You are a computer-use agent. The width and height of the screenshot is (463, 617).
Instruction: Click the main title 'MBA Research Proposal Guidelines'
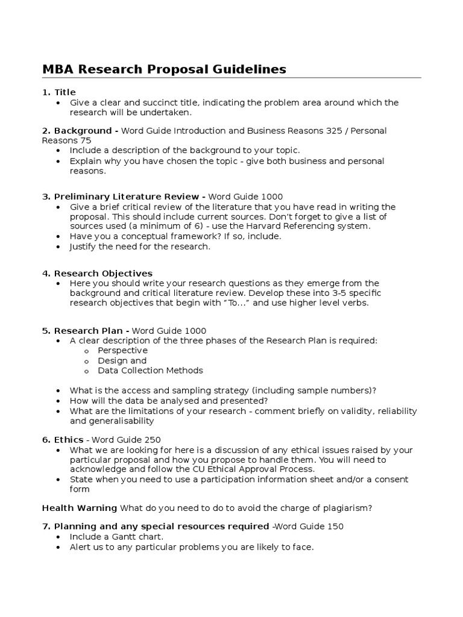[x=164, y=69]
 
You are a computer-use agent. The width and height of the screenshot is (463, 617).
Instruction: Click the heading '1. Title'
[x=59, y=92]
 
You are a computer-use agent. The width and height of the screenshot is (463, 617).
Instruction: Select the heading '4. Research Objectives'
[x=97, y=273]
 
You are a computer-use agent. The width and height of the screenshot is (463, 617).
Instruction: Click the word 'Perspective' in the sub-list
[x=122, y=350]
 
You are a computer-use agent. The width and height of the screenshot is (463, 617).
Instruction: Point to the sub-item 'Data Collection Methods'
[x=150, y=371]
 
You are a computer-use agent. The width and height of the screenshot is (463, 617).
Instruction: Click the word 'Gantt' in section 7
[x=121, y=536]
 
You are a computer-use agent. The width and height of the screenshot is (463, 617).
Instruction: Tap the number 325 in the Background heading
[x=329, y=131]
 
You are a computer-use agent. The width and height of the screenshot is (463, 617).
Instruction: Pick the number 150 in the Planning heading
[x=335, y=527]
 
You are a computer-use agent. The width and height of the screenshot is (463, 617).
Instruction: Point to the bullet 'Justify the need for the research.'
[x=140, y=246]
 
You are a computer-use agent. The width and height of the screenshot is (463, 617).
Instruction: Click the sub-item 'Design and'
[x=122, y=360]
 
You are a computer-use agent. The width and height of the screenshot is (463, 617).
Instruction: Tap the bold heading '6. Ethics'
[x=63, y=439]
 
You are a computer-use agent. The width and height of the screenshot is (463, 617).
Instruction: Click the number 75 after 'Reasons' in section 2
[x=86, y=140]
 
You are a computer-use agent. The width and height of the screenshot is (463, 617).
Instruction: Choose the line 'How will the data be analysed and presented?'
[x=169, y=400]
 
